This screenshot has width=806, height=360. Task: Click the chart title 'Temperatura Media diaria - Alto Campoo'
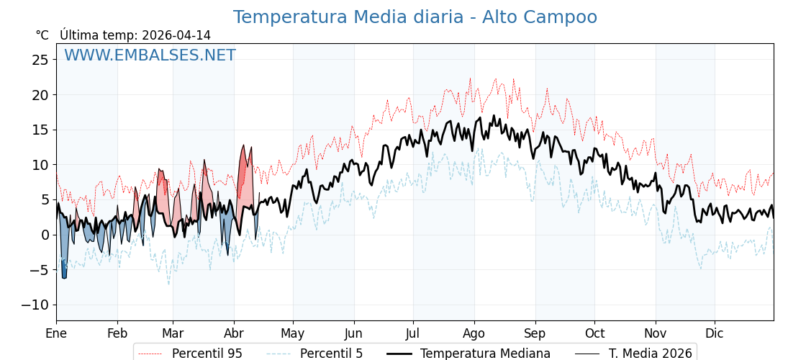coord(415,17)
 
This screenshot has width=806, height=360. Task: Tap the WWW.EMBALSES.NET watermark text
coord(150,55)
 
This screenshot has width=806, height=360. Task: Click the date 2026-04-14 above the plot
coord(176,35)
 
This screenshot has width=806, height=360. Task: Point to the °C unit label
coord(42,35)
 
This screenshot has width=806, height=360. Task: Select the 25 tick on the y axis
coord(40,60)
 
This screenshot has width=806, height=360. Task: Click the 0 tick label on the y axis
coord(45,235)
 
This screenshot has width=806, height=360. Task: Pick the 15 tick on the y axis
coord(40,130)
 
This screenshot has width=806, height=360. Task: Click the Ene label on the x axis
coord(56,333)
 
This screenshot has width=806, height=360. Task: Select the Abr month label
coord(234,333)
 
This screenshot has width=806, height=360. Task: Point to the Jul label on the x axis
coord(413,333)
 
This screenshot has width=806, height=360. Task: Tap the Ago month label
coord(474,333)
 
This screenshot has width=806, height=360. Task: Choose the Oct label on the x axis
coord(594,333)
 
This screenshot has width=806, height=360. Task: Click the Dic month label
coord(715,333)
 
